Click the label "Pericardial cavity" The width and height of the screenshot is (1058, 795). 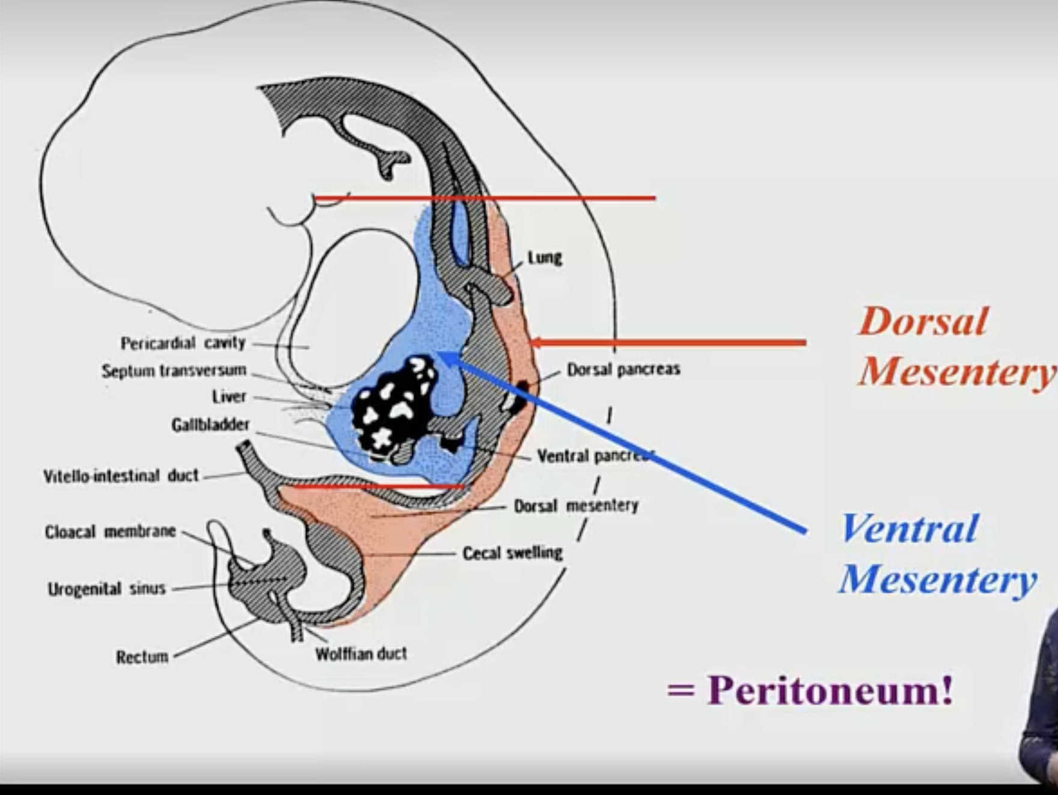click(183, 343)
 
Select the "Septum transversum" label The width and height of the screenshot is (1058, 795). click(174, 370)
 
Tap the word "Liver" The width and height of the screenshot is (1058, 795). click(229, 397)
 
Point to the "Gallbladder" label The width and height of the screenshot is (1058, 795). click(210, 425)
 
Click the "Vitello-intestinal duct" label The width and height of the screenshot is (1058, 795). click(121, 476)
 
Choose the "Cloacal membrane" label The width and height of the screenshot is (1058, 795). click(111, 532)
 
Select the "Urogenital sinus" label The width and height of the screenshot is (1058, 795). click(106, 588)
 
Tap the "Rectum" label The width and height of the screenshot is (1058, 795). click(142, 657)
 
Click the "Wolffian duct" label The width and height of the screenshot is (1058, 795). click(361, 653)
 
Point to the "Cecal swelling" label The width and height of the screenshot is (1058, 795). click(513, 553)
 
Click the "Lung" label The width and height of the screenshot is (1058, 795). click(545, 258)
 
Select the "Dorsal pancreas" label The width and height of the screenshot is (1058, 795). click(624, 369)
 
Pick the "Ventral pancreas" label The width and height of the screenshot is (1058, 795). click(594, 456)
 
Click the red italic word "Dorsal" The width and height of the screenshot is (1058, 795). click(923, 321)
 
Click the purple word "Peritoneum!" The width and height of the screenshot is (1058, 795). click(830, 690)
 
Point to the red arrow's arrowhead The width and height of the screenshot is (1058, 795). click(536, 343)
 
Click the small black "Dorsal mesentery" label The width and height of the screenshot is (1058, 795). click(576, 506)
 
